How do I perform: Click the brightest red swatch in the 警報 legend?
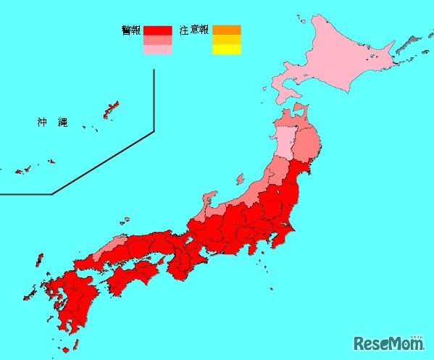(157, 30)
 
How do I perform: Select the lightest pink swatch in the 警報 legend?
(157, 51)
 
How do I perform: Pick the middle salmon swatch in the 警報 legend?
(157, 41)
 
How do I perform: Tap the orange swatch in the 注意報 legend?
(226, 30)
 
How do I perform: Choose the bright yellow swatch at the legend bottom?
(226, 49)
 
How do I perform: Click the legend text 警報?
(132, 30)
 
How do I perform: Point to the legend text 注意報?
(195, 30)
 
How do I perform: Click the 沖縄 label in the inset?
(52, 122)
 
